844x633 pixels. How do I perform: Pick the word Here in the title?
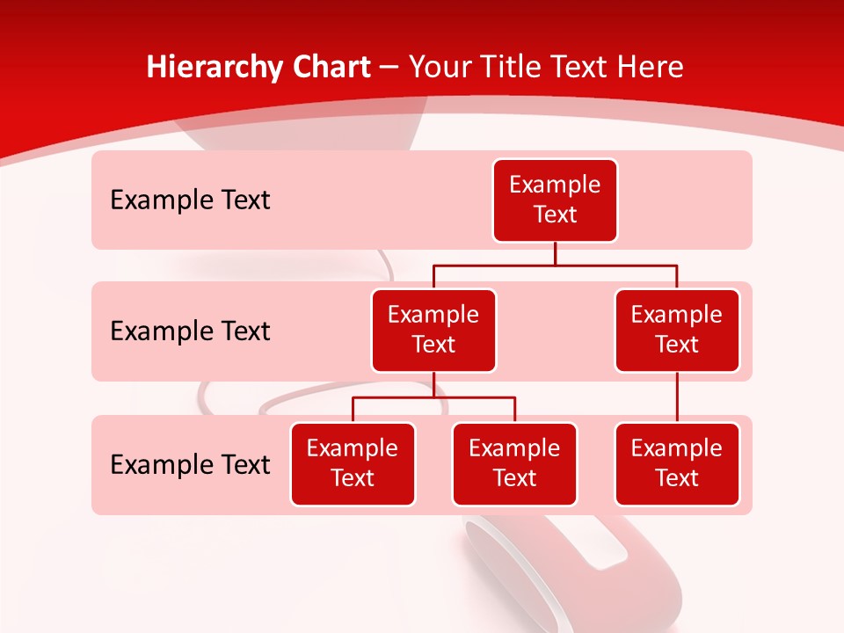651,68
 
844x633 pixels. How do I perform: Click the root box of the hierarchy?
555,200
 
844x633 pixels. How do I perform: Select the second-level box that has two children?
433,331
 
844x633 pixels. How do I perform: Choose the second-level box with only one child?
677,331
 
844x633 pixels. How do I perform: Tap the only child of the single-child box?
677,464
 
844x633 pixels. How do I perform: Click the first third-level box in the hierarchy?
353,464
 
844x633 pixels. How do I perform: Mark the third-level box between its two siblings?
514,464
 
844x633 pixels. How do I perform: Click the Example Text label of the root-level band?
190,200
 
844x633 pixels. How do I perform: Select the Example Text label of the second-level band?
190,331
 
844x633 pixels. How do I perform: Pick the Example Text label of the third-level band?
190,465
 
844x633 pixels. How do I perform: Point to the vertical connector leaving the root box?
555,253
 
